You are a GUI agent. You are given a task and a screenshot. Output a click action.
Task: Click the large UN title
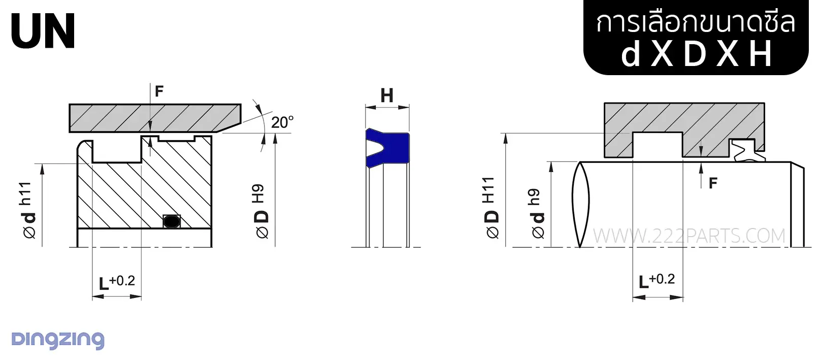pyautogui.click(x=43, y=31)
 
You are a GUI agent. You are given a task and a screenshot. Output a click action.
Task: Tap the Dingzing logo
pyautogui.click(x=58, y=340)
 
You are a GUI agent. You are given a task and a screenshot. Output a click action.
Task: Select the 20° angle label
pyautogui.click(x=282, y=122)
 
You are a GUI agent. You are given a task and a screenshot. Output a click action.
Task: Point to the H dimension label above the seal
pyautogui.click(x=387, y=95)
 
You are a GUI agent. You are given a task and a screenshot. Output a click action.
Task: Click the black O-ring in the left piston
pyautogui.click(x=171, y=221)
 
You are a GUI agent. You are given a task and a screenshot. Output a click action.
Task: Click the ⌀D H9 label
pyautogui.click(x=262, y=211)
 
